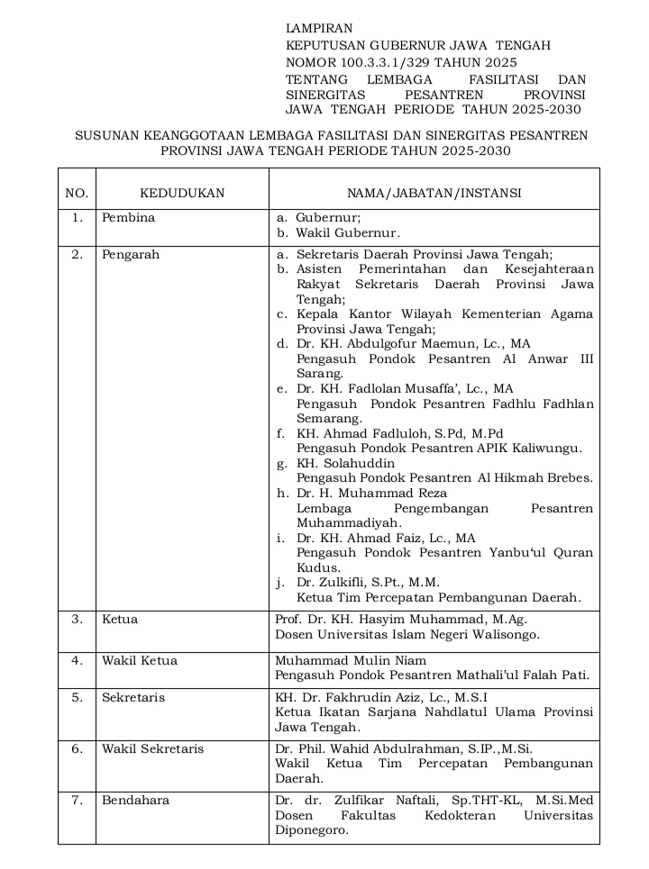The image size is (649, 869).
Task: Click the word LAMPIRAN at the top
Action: point(318,29)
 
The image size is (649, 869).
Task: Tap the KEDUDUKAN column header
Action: point(182,193)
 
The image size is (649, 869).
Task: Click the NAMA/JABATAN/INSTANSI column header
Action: point(434,193)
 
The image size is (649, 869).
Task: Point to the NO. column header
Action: point(77,193)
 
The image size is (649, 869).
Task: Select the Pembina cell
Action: point(128,217)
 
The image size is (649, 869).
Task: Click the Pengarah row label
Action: point(131,254)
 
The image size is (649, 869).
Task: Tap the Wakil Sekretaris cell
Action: point(152,748)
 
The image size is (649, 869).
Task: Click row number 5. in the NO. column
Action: point(78,697)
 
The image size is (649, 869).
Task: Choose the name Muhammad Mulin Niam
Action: point(351,660)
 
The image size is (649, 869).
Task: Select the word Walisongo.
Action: point(506,634)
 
